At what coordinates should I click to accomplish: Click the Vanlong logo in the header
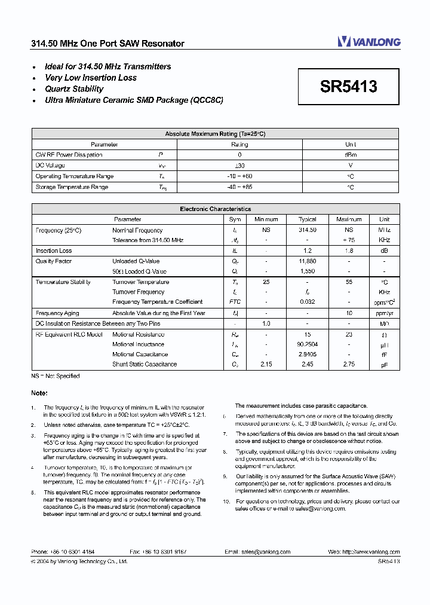point(368,41)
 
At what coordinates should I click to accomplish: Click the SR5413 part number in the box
point(348,87)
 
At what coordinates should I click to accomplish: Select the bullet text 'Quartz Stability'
point(74,89)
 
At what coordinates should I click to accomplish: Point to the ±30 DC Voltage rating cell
point(239,166)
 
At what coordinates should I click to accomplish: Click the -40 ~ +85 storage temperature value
point(239,187)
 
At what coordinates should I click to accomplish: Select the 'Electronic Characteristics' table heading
point(215,209)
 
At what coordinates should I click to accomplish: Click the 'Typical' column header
point(307,219)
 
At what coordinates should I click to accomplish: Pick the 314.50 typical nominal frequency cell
point(307,230)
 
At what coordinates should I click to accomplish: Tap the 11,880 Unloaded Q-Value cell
point(307,261)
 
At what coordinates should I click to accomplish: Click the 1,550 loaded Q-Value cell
point(307,271)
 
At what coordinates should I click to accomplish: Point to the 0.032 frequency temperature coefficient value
point(307,302)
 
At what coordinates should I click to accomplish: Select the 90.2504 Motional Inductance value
point(307,344)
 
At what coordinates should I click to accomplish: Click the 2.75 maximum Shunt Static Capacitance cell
point(349,364)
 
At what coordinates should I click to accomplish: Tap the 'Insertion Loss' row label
point(54,251)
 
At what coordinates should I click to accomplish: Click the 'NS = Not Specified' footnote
point(55,376)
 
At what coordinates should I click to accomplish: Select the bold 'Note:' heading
point(39,393)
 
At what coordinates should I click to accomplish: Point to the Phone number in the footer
point(62,552)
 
